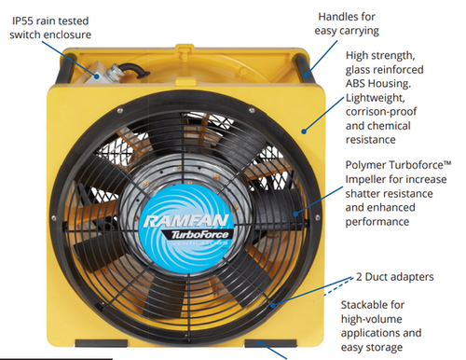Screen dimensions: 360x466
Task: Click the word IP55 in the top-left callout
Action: point(24,19)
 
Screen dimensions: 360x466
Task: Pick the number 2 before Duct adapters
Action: point(358,279)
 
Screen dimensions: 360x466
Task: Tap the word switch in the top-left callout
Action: point(27,35)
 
